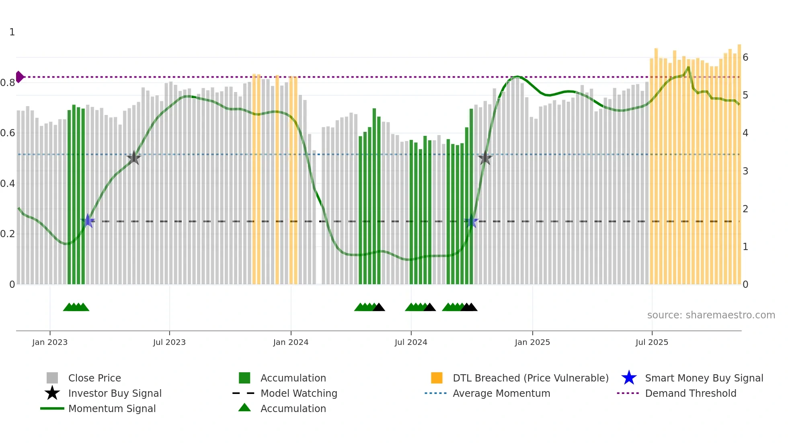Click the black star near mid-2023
pyautogui.click(x=134, y=158)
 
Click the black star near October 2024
pyautogui.click(x=485, y=158)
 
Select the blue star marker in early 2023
pyautogui.click(x=88, y=221)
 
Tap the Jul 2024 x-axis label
pyautogui.click(x=411, y=342)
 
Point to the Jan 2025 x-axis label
pyautogui.click(x=532, y=342)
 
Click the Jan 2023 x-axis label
pyautogui.click(x=50, y=342)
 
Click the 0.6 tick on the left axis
pyautogui.click(x=8, y=133)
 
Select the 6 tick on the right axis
pyautogui.click(x=745, y=57)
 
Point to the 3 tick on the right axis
pyautogui.click(x=745, y=171)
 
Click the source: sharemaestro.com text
pyautogui.click(x=711, y=315)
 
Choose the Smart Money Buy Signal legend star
pyautogui.click(x=629, y=378)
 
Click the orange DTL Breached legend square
pyautogui.click(x=437, y=378)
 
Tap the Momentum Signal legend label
pyautogui.click(x=112, y=408)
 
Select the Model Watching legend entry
pyautogui.click(x=299, y=393)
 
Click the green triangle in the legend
pyautogui.click(x=244, y=408)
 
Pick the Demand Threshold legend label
pyautogui.click(x=691, y=393)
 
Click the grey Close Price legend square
pyautogui.click(x=52, y=378)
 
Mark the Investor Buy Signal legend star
pyautogui.click(x=52, y=393)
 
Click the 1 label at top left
pyautogui.click(x=12, y=32)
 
